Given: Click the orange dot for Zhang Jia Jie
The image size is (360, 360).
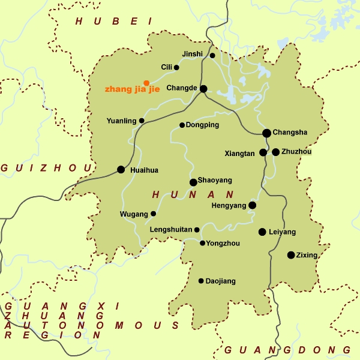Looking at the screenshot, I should [146, 83].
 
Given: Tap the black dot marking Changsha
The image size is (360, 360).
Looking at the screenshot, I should [267, 133].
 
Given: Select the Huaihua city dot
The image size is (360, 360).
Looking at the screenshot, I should [121, 170].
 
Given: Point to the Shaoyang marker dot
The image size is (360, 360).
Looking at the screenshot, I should [193, 182].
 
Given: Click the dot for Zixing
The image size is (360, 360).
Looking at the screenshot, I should [291, 255].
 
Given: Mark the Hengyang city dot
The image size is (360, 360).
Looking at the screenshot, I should [253, 205].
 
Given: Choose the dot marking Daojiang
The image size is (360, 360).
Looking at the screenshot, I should [201, 281].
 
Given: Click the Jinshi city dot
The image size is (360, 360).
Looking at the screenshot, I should [212, 56].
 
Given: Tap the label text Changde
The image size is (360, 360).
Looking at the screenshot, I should [182, 88].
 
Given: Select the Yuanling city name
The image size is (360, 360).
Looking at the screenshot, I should [121, 121].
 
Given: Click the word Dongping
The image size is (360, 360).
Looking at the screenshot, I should [203, 125].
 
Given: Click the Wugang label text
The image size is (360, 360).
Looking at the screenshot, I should [134, 214].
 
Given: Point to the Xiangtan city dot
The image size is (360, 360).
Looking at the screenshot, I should [263, 152].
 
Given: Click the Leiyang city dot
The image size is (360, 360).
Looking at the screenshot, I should [262, 232].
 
